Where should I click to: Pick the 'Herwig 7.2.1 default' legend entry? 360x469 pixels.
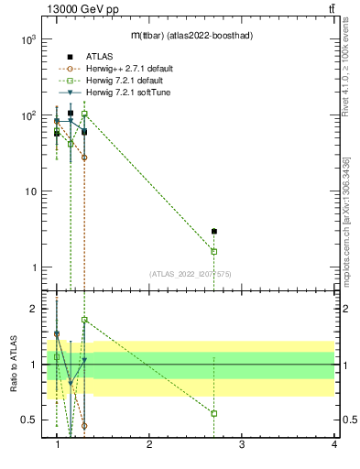[x=124, y=81]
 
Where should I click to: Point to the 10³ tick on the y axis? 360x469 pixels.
[x=27, y=40]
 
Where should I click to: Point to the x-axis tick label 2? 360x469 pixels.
[x=149, y=444]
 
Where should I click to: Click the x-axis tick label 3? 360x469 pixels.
[x=242, y=444]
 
